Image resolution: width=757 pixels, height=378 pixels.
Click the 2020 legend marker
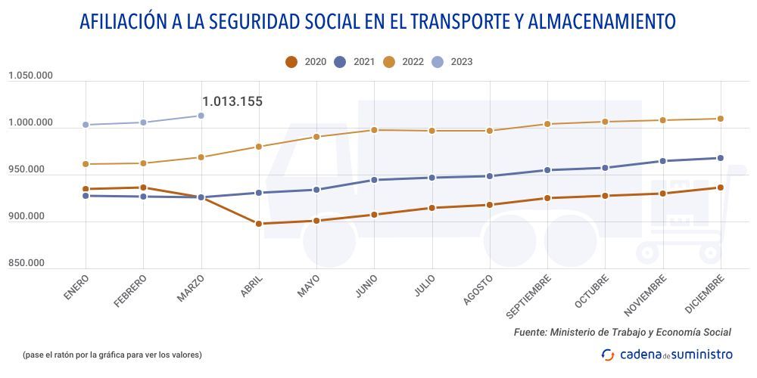click(x=291, y=62)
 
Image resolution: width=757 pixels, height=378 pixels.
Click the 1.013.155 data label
click(x=232, y=101)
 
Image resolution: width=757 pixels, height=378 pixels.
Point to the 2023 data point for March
click(x=201, y=116)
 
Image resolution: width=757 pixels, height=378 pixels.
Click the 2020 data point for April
click(x=259, y=224)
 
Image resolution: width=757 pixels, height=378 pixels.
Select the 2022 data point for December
click(x=720, y=119)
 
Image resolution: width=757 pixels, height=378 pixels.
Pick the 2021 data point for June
click(x=374, y=180)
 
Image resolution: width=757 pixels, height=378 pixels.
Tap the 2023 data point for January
click(x=86, y=125)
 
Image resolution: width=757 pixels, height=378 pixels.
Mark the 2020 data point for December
click(x=720, y=187)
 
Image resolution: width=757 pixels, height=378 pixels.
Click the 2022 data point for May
click(x=316, y=137)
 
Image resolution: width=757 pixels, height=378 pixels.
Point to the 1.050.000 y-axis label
click(x=30, y=76)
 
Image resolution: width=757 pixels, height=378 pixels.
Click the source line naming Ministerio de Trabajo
click(x=622, y=332)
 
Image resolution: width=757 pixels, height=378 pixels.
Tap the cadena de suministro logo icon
click(x=607, y=354)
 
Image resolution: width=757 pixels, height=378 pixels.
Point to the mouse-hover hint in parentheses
click(x=112, y=355)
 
